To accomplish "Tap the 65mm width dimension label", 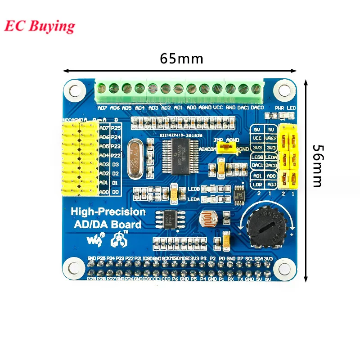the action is point(182,59).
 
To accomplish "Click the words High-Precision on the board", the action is point(108,212).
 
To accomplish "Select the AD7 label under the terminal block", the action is point(102,108).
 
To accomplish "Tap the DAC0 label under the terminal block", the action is point(257,108).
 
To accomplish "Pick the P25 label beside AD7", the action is point(116,129).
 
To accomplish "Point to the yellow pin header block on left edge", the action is point(80,157).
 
